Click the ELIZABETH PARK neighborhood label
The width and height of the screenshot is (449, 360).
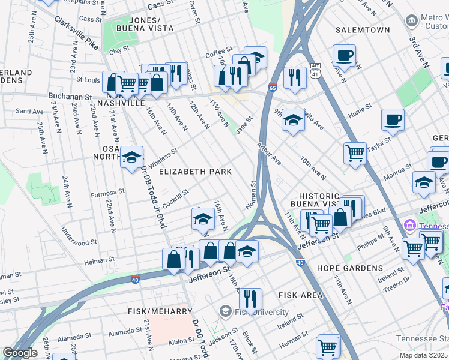click(195, 172)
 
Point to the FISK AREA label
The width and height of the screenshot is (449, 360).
click(301, 295)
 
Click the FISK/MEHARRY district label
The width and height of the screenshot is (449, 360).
click(160, 311)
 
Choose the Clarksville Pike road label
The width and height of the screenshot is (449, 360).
click(76, 32)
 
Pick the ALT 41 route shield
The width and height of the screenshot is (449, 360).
click(315, 70)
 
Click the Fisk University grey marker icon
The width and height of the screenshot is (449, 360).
click(225, 311)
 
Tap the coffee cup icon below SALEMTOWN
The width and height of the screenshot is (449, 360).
click(344, 55)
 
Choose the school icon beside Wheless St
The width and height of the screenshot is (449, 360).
click(131, 157)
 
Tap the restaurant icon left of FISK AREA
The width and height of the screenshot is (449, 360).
click(250, 298)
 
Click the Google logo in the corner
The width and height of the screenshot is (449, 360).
click(20, 353)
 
